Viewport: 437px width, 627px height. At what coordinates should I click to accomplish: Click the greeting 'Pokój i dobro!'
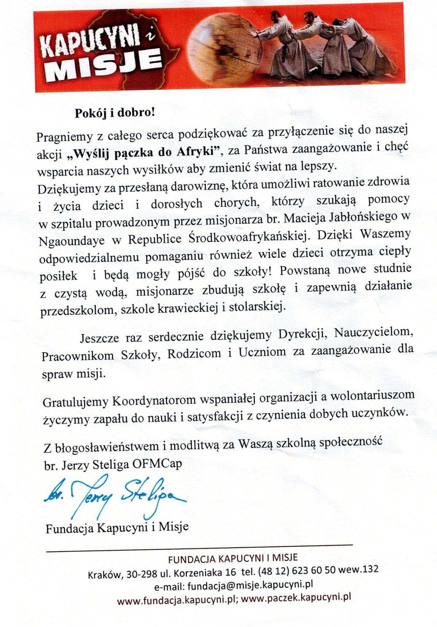115,113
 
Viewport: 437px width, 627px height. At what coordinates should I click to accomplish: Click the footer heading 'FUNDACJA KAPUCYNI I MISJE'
233,558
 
